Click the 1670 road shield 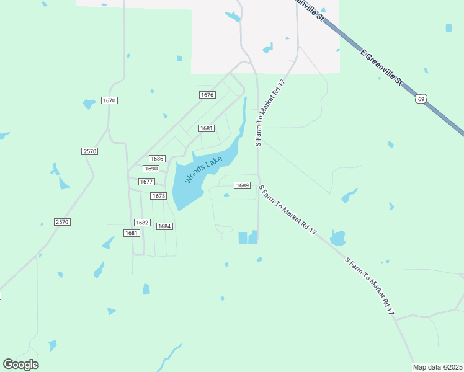point(109,100)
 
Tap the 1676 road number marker point(207,95)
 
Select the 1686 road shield point(157,159)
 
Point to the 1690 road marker point(151,169)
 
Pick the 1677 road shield point(146,182)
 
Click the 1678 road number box point(159,196)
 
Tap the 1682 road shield point(142,223)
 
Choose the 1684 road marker point(164,226)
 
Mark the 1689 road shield point(242,185)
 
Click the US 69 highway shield point(421,99)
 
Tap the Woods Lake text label point(203,169)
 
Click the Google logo point(20,365)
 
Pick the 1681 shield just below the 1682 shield point(131,233)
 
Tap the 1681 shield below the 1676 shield point(207,128)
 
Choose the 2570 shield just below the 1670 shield point(89,151)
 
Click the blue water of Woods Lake point(186,189)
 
